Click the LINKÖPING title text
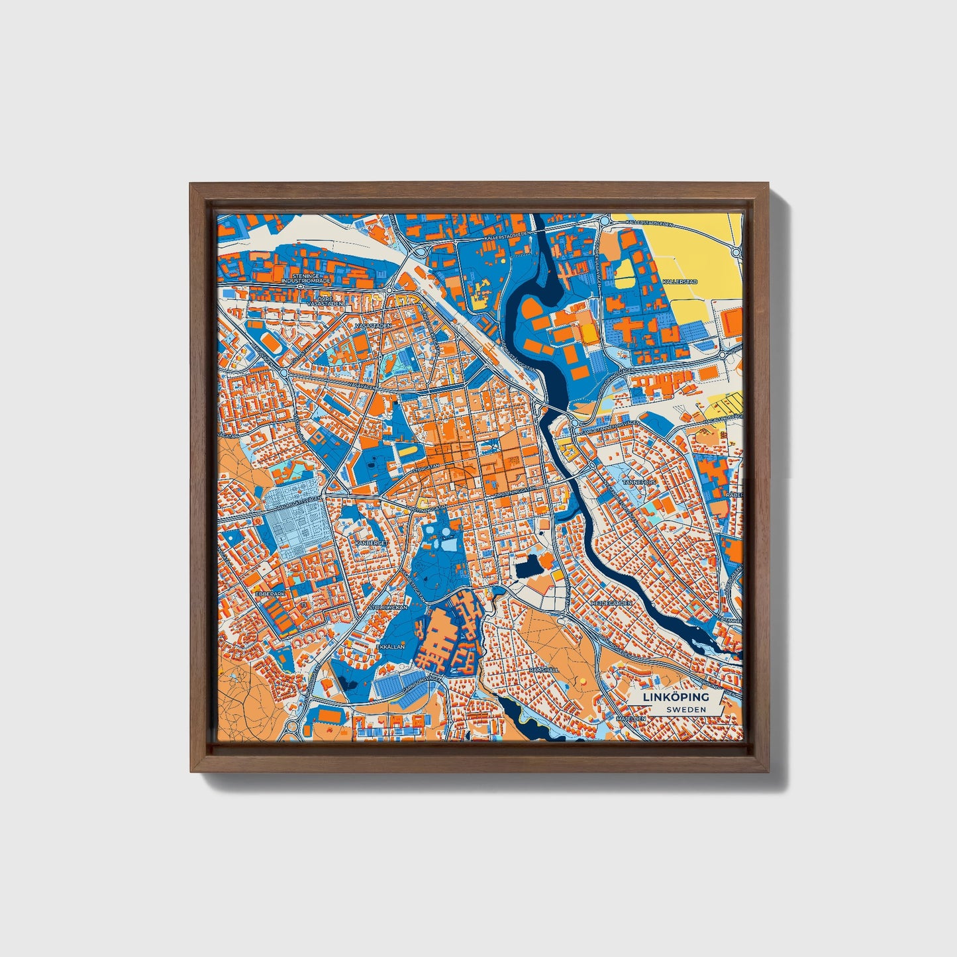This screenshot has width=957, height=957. (x=676, y=697)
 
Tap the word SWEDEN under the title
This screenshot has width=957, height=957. (x=685, y=709)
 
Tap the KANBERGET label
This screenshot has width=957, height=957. (x=370, y=542)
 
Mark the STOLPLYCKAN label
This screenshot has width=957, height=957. (x=388, y=606)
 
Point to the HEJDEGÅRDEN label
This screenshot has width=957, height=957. (x=617, y=604)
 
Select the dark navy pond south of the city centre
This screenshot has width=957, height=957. (x=528, y=567)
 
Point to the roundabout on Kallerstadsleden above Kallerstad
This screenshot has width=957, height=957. (x=736, y=252)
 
